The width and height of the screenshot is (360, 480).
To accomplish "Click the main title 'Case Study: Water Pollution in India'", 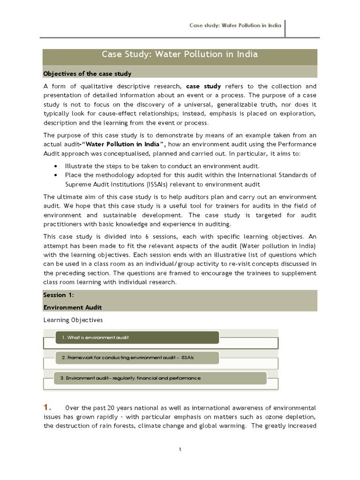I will pyautogui.click(x=180, y=54).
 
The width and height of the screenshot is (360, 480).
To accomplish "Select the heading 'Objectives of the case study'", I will pyautogui.click(x=87, y=74).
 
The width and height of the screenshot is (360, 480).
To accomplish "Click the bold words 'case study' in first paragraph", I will pyautogui.click(x=203, y=86).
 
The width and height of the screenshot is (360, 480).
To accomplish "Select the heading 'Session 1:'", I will pyautogui.click(x=59, y=295).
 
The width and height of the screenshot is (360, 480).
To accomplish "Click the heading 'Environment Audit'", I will pyautogui.click(x=72, y=307).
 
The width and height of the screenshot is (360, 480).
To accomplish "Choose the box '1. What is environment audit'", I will pyautogui.click(x=137, y=337).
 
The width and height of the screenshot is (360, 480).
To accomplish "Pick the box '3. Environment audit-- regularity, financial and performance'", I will pyautogui.click(x=160, y=378).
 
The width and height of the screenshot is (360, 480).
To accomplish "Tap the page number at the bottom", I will pyautogui.click(x=180, y=449).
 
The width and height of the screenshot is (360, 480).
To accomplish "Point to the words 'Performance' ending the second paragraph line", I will pyautogui.click(x=297, y=144).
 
